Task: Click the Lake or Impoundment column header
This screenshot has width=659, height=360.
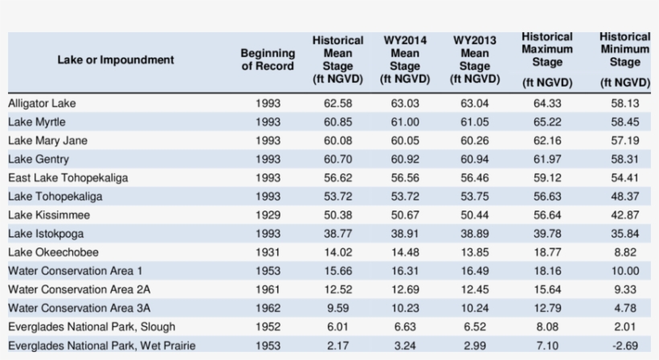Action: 116,59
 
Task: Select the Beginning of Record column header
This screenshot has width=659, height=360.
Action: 268,59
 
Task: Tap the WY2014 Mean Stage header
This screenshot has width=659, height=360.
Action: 405,59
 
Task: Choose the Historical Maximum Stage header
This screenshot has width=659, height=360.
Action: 547,59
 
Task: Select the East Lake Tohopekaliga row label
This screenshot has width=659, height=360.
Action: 68,178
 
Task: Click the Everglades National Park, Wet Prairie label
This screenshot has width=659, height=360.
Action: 102,346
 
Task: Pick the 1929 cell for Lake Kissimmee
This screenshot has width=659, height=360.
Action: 268,215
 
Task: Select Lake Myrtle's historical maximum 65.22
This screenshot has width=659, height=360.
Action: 547,122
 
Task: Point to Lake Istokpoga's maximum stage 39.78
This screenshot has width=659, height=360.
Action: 547,234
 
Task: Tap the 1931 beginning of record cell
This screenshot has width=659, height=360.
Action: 268,252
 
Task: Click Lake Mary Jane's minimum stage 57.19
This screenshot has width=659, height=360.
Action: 624,141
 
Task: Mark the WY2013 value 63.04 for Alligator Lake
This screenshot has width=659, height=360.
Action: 474,104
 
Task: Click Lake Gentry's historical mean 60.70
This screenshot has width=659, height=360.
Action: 338,159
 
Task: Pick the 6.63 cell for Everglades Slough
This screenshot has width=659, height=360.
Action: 405,327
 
